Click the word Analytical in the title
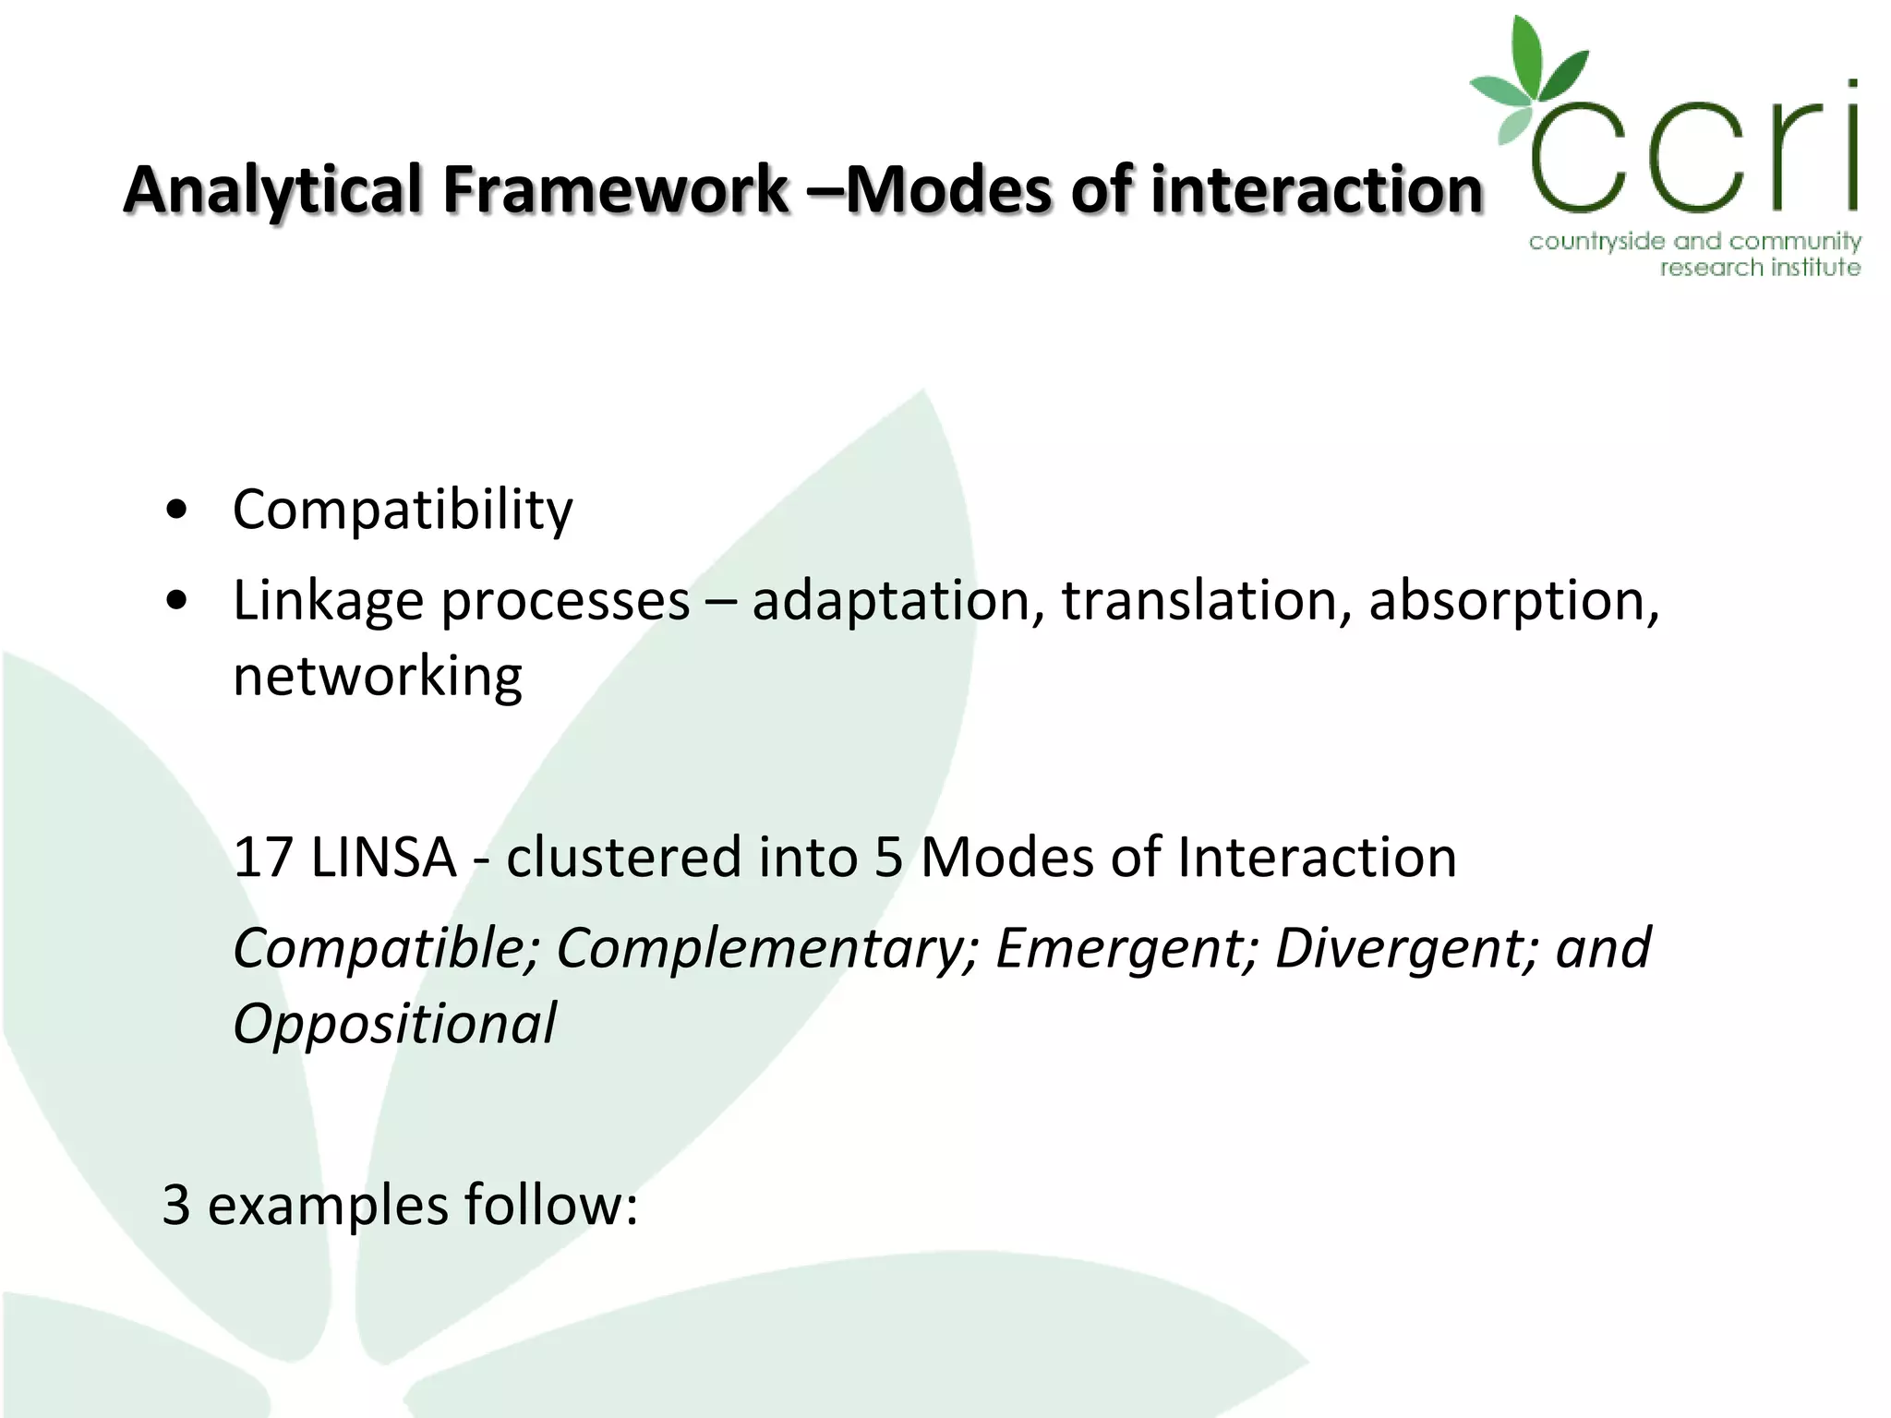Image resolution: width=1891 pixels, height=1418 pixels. (273, 191)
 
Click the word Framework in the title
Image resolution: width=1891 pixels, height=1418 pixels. (615, 189)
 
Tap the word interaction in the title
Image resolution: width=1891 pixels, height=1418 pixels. (1316, 189)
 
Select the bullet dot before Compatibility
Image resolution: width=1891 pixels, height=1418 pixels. (176, 511)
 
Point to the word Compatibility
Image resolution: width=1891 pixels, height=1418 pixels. (403, 510)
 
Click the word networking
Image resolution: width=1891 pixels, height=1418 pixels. (377, 677)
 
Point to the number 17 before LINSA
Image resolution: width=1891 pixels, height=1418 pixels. (262, 857)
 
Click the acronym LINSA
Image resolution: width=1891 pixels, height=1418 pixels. (384, 857)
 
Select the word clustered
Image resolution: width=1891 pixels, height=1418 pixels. (623, 857)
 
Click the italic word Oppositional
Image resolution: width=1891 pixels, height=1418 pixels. (394, 1024)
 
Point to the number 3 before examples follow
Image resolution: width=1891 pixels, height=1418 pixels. (176, 1205)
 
